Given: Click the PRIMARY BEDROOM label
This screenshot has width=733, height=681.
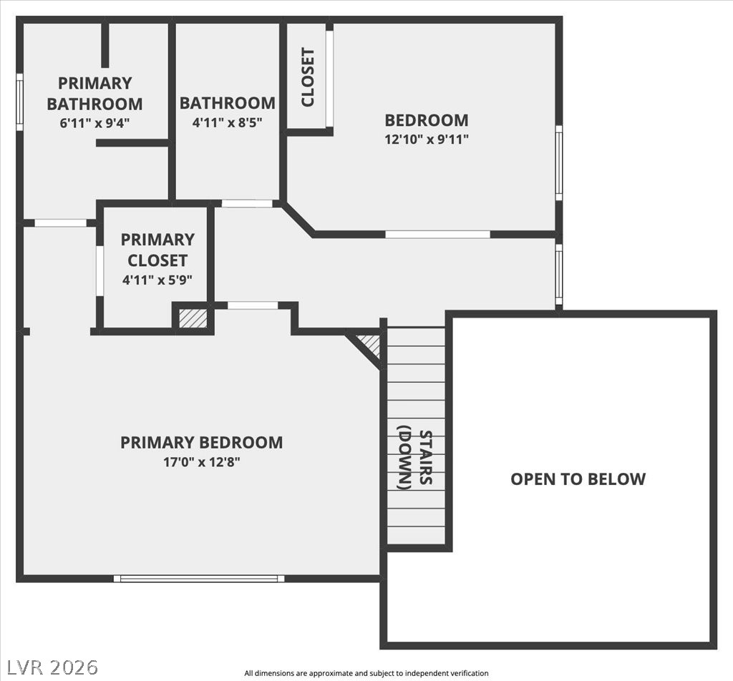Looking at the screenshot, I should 201,442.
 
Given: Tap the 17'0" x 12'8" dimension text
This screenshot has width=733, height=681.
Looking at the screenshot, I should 201,462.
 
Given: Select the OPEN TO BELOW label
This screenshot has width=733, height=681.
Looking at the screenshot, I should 578,479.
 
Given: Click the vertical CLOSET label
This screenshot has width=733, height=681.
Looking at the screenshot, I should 308,77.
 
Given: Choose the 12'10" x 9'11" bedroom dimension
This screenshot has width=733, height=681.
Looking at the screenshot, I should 426,139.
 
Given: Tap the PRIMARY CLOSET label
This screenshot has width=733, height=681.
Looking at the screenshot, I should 157,249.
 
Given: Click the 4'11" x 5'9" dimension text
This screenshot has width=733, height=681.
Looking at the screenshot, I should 157,280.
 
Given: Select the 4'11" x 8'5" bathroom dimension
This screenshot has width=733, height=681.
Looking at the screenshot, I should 227,122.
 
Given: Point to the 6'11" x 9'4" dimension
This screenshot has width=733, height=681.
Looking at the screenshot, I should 94,122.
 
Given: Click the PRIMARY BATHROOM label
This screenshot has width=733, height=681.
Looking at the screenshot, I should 94,93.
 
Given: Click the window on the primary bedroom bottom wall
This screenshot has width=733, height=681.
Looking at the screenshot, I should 199,578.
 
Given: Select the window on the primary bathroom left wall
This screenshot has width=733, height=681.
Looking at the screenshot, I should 20,102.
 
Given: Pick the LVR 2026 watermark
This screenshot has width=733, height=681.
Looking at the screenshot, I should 49,667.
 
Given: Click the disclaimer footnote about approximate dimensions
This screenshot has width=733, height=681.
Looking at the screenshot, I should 366,673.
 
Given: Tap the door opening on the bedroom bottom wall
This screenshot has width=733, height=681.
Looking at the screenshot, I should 437,234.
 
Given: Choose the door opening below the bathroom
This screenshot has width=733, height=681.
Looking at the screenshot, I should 247,204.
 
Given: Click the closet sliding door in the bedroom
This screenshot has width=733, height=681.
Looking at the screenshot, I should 329,77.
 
